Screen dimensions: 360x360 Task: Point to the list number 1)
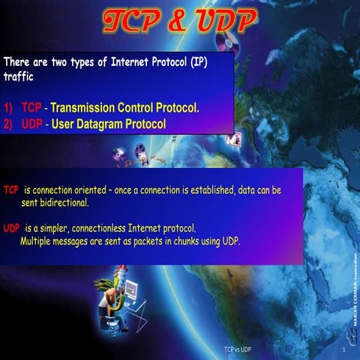pos(10,108)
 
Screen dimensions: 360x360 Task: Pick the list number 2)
pos(10,124)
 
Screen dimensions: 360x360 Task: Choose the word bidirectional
pos(67,202)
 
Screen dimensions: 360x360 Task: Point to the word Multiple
pos(37,241)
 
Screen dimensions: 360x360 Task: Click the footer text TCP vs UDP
pos(237,350)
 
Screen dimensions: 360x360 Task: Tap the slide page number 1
pos(342,350)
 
